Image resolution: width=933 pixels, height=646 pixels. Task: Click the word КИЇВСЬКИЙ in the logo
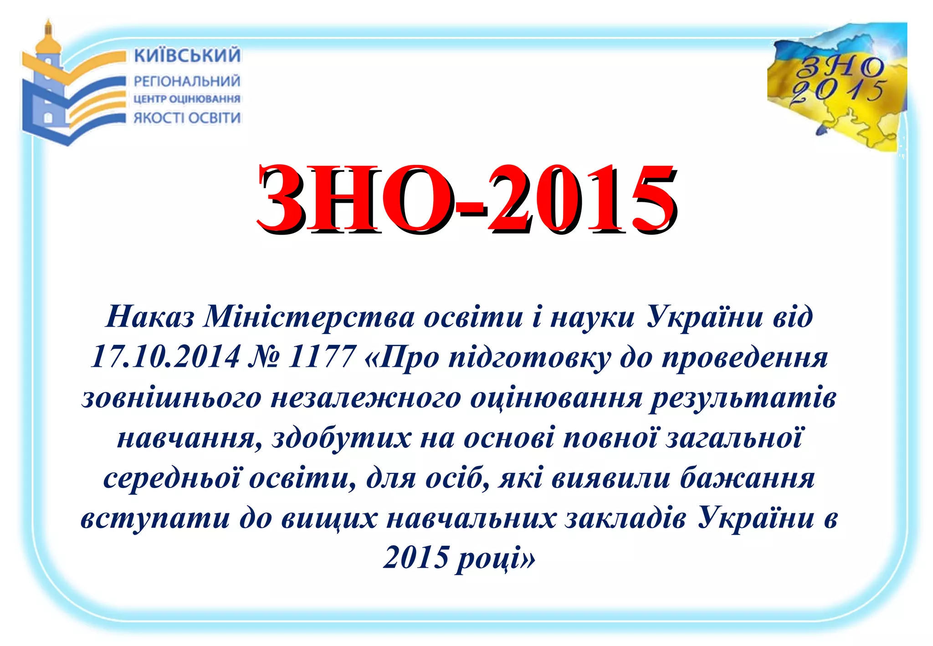point(187,55)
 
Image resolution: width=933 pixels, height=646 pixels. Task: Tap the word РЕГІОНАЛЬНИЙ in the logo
point(187,82)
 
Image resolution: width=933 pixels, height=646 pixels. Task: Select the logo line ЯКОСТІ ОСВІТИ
point(187,118)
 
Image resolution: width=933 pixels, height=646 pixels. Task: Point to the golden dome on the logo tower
point(49,42)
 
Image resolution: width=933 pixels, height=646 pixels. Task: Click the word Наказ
point(150,317)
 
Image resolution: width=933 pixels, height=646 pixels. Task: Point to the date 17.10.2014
point(165,357)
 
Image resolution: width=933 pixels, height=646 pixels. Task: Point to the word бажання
point(747,479)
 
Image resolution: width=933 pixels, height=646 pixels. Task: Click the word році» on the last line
point(496,559)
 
